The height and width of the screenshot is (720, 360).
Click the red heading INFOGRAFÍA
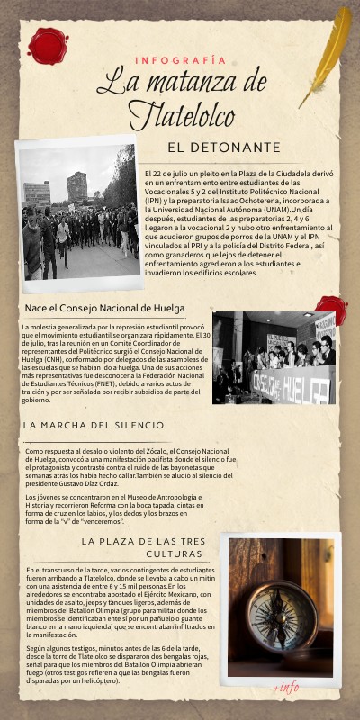point(180,60)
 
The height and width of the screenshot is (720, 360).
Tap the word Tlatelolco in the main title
point(181,114)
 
